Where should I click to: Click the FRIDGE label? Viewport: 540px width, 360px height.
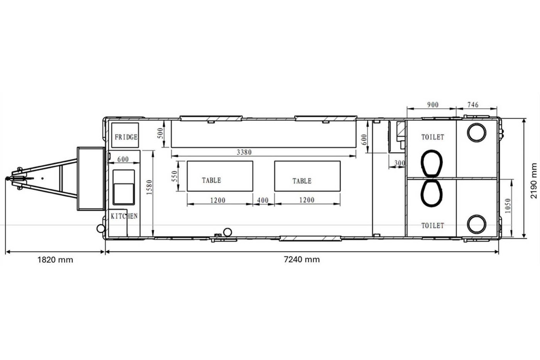click(x=126, y=137)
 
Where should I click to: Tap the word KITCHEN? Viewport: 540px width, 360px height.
click(x=124, y=216)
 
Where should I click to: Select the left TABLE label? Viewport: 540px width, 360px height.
click(x=211, y=180)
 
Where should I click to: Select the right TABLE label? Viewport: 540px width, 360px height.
click(x=302, y=181)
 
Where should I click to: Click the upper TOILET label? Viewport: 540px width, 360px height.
click(x=433, y=137)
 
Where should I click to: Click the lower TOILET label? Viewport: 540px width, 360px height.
click(x=433, y=225)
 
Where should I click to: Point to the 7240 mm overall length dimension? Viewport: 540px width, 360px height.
click(x=302, y=259)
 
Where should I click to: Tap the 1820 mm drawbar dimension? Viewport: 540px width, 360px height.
click(x=55, y=260)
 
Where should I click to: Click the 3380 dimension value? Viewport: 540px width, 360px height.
click(x=244, y=152)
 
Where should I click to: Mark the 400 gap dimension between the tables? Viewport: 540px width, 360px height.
click(x=263, y=200)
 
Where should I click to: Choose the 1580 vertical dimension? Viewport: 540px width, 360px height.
click(x=150, y=187)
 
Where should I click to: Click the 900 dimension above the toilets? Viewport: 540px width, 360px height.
click(x=433, y=105)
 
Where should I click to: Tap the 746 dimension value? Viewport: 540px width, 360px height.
click(x=473, y=105)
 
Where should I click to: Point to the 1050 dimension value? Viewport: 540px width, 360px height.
click(x=508, y=206)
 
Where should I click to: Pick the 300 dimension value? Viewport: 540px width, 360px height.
click(x=400, y=163)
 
